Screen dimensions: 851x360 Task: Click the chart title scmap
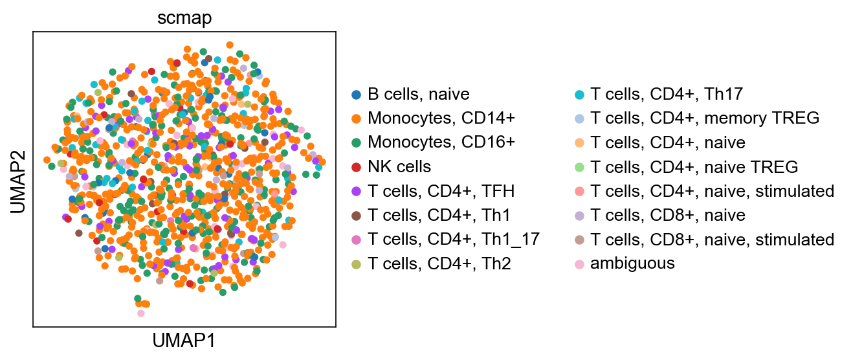[x=184, y=18]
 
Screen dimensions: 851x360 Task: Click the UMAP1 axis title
[x=184, y=340]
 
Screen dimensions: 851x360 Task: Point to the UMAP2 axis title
[x=18, y=182]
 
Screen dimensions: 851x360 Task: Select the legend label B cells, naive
[x=418, y=95]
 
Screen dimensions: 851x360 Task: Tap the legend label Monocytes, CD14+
[x=441, y=118]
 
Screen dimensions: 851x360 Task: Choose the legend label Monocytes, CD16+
[x=441, y=142]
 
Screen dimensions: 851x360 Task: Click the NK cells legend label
[x=399, y=166]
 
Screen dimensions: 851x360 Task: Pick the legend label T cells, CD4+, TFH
[x=441, y=191]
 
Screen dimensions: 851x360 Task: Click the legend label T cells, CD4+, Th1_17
[x=454, y=239]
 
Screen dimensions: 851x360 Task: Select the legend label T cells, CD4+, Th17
[x=667, y=95]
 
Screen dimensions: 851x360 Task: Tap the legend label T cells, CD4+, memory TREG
[x=705, y=118]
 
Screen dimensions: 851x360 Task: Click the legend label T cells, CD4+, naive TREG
[x=694, y=167]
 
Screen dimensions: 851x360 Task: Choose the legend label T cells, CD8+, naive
[x=667, y=215]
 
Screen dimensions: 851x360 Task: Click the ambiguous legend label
[x=632, y=263]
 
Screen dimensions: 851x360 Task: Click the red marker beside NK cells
[x=356, y=167]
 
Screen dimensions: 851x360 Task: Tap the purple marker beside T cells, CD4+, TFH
[x=356, y=191]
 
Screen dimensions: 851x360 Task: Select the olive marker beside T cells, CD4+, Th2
[x=356, y=264]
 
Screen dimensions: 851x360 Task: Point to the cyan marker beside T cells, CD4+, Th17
[x=579, y=95]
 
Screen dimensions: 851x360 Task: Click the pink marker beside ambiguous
[x=579, y=264]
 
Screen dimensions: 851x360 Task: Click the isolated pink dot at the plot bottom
[x=141, y=313]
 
